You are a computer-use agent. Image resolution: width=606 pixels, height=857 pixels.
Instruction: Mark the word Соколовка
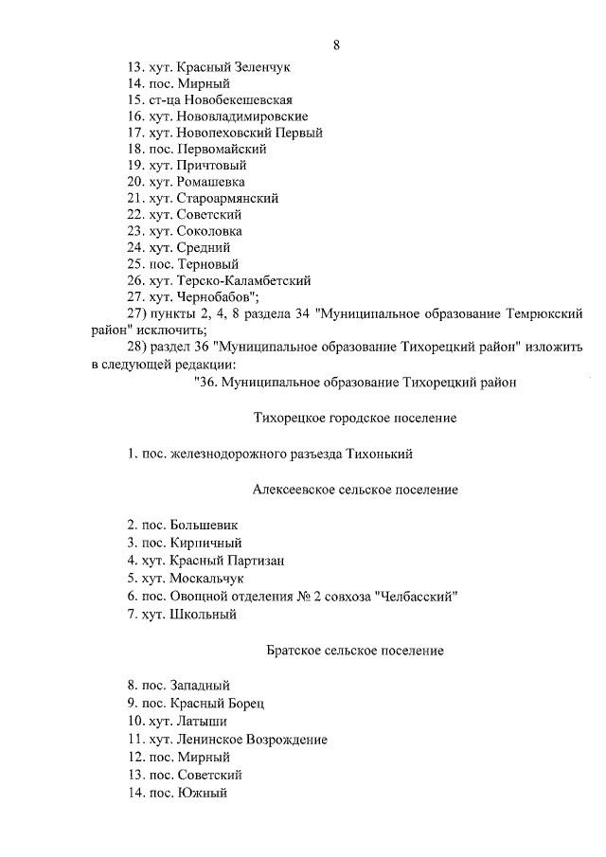pyautogui.click(x=208, y=231)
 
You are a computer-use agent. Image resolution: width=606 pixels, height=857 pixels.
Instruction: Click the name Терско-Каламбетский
pyautogui.click(x=243, y=280)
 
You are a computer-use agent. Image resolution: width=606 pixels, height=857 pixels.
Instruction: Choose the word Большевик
pyautogui.click(x=205, y=524)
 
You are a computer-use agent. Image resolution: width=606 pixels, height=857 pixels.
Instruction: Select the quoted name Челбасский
pyautogui.click(x=416, y=597)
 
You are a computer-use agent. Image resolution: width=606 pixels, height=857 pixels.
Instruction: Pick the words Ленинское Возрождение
pyautogui.click(x=249, y=739)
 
